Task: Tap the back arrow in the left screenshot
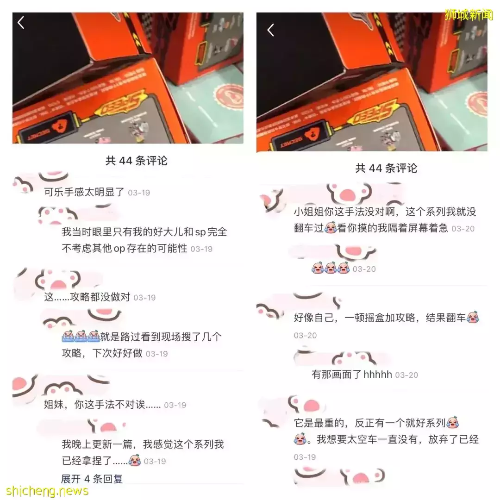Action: click(20, 22)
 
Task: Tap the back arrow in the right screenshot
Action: click(271, 30)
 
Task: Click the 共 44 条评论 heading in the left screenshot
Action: click(136, 161)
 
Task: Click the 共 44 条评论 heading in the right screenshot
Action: click(386, 168)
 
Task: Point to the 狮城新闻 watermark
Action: click(469, 15)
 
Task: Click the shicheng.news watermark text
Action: click(47, 491)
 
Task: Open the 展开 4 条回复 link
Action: click(92, 479)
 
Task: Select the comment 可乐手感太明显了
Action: click(84, 192)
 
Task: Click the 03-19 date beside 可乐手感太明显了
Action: click(139, 193)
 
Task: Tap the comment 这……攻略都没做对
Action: click(87, 297)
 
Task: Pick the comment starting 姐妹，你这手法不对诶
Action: click(102, 405)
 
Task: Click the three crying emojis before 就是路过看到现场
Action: click(81, 337)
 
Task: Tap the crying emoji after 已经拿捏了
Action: click(134, 461)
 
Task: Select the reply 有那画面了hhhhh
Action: click(351, 375)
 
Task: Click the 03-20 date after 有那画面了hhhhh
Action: click(406, 375)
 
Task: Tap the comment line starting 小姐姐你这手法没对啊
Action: click(385, 212)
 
